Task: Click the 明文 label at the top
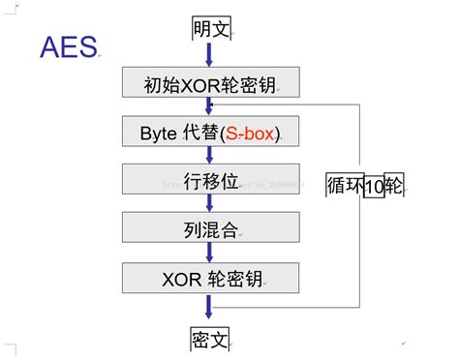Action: click(210, 30)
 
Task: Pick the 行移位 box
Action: click(209, 180)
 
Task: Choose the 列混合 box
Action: click(209, 228)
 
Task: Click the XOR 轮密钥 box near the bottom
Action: click(209, 279)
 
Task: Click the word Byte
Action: click(158, 132)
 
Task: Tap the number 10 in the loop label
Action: click(373, 189)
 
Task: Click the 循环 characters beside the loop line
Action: click(344, 187)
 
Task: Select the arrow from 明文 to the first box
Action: click(209, 55)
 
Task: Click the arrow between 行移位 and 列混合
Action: click(209, 204)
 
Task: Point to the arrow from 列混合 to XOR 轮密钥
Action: click(209, 254)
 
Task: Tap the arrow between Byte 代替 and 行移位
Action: click(209, 155)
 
